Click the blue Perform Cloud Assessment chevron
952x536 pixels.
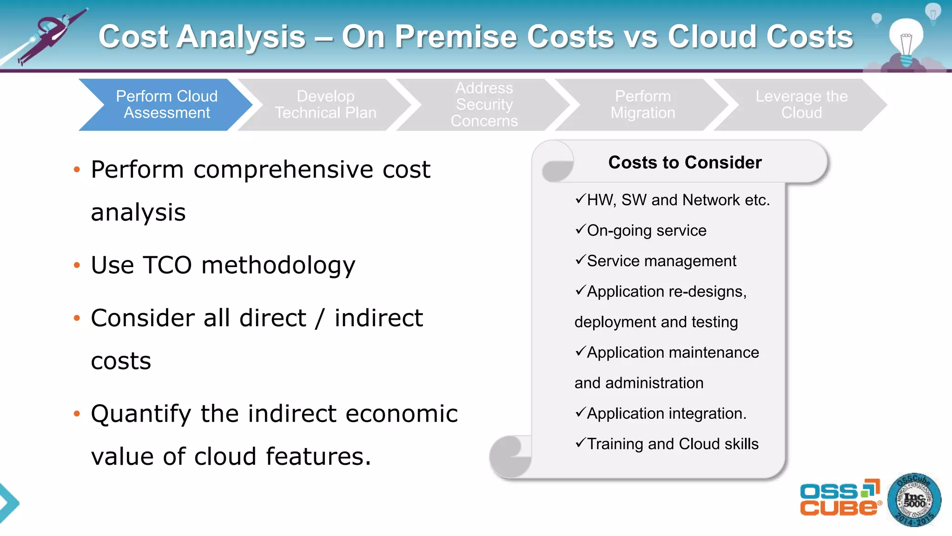coord(166,105)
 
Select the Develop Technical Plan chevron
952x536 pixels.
coord(325,105)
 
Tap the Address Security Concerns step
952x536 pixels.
coord(484,105)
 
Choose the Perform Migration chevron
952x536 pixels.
coord(642,105)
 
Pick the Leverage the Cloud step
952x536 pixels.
coord(801,105)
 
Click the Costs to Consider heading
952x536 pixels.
coord(685,162)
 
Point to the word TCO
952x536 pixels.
coord(167,265)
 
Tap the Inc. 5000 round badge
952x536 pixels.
coord(914,501)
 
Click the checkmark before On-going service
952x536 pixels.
coord(580,229)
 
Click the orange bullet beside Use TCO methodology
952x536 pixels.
coord(77,266)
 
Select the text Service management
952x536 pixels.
coord(661,261)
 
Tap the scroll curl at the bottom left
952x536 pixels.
coord(510,456)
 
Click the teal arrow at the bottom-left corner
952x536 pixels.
coord(8,503)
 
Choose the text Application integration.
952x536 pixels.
coord(666,414)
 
